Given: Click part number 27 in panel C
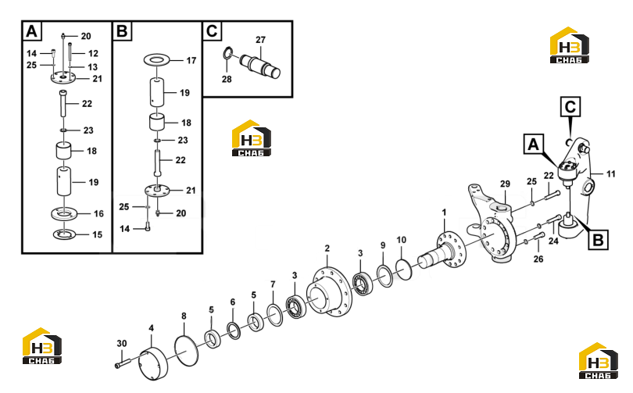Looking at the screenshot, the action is tap(260, 40).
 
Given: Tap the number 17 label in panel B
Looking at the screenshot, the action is tap(191, 60).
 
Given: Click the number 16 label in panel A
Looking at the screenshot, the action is tap(99, 213).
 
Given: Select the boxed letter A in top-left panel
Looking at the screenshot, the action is tap(32, 31).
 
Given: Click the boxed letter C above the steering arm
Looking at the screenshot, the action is tap(570, 107).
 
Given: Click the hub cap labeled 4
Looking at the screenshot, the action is tap(153, 363).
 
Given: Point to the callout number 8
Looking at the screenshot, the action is tap(184, 316).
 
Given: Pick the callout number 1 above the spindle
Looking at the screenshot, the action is tap(445, 213).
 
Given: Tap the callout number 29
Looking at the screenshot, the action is tap(505, 184).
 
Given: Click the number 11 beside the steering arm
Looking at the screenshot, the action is tap(611, 174).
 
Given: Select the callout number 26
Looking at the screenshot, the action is tap(538, 259).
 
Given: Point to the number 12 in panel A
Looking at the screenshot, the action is tap(93, 53).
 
